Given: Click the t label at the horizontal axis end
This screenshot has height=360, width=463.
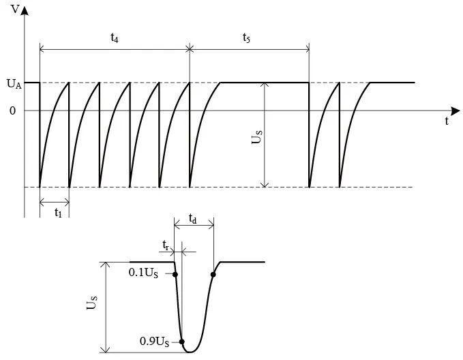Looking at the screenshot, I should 447,121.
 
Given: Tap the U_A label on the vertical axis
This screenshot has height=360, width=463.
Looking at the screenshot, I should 13,84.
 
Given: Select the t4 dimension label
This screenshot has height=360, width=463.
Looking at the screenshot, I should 115,39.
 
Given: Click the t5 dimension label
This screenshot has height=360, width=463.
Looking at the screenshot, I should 246,39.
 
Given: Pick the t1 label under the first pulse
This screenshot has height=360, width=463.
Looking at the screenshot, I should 58,211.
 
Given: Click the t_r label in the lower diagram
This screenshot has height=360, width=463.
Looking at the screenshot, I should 166,244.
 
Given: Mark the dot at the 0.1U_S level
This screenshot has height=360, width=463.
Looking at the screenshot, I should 176,274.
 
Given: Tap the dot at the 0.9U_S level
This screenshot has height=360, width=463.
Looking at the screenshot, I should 182,341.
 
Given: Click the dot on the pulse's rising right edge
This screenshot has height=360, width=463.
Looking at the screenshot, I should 213,275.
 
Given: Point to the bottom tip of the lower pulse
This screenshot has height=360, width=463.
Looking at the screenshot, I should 191,352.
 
